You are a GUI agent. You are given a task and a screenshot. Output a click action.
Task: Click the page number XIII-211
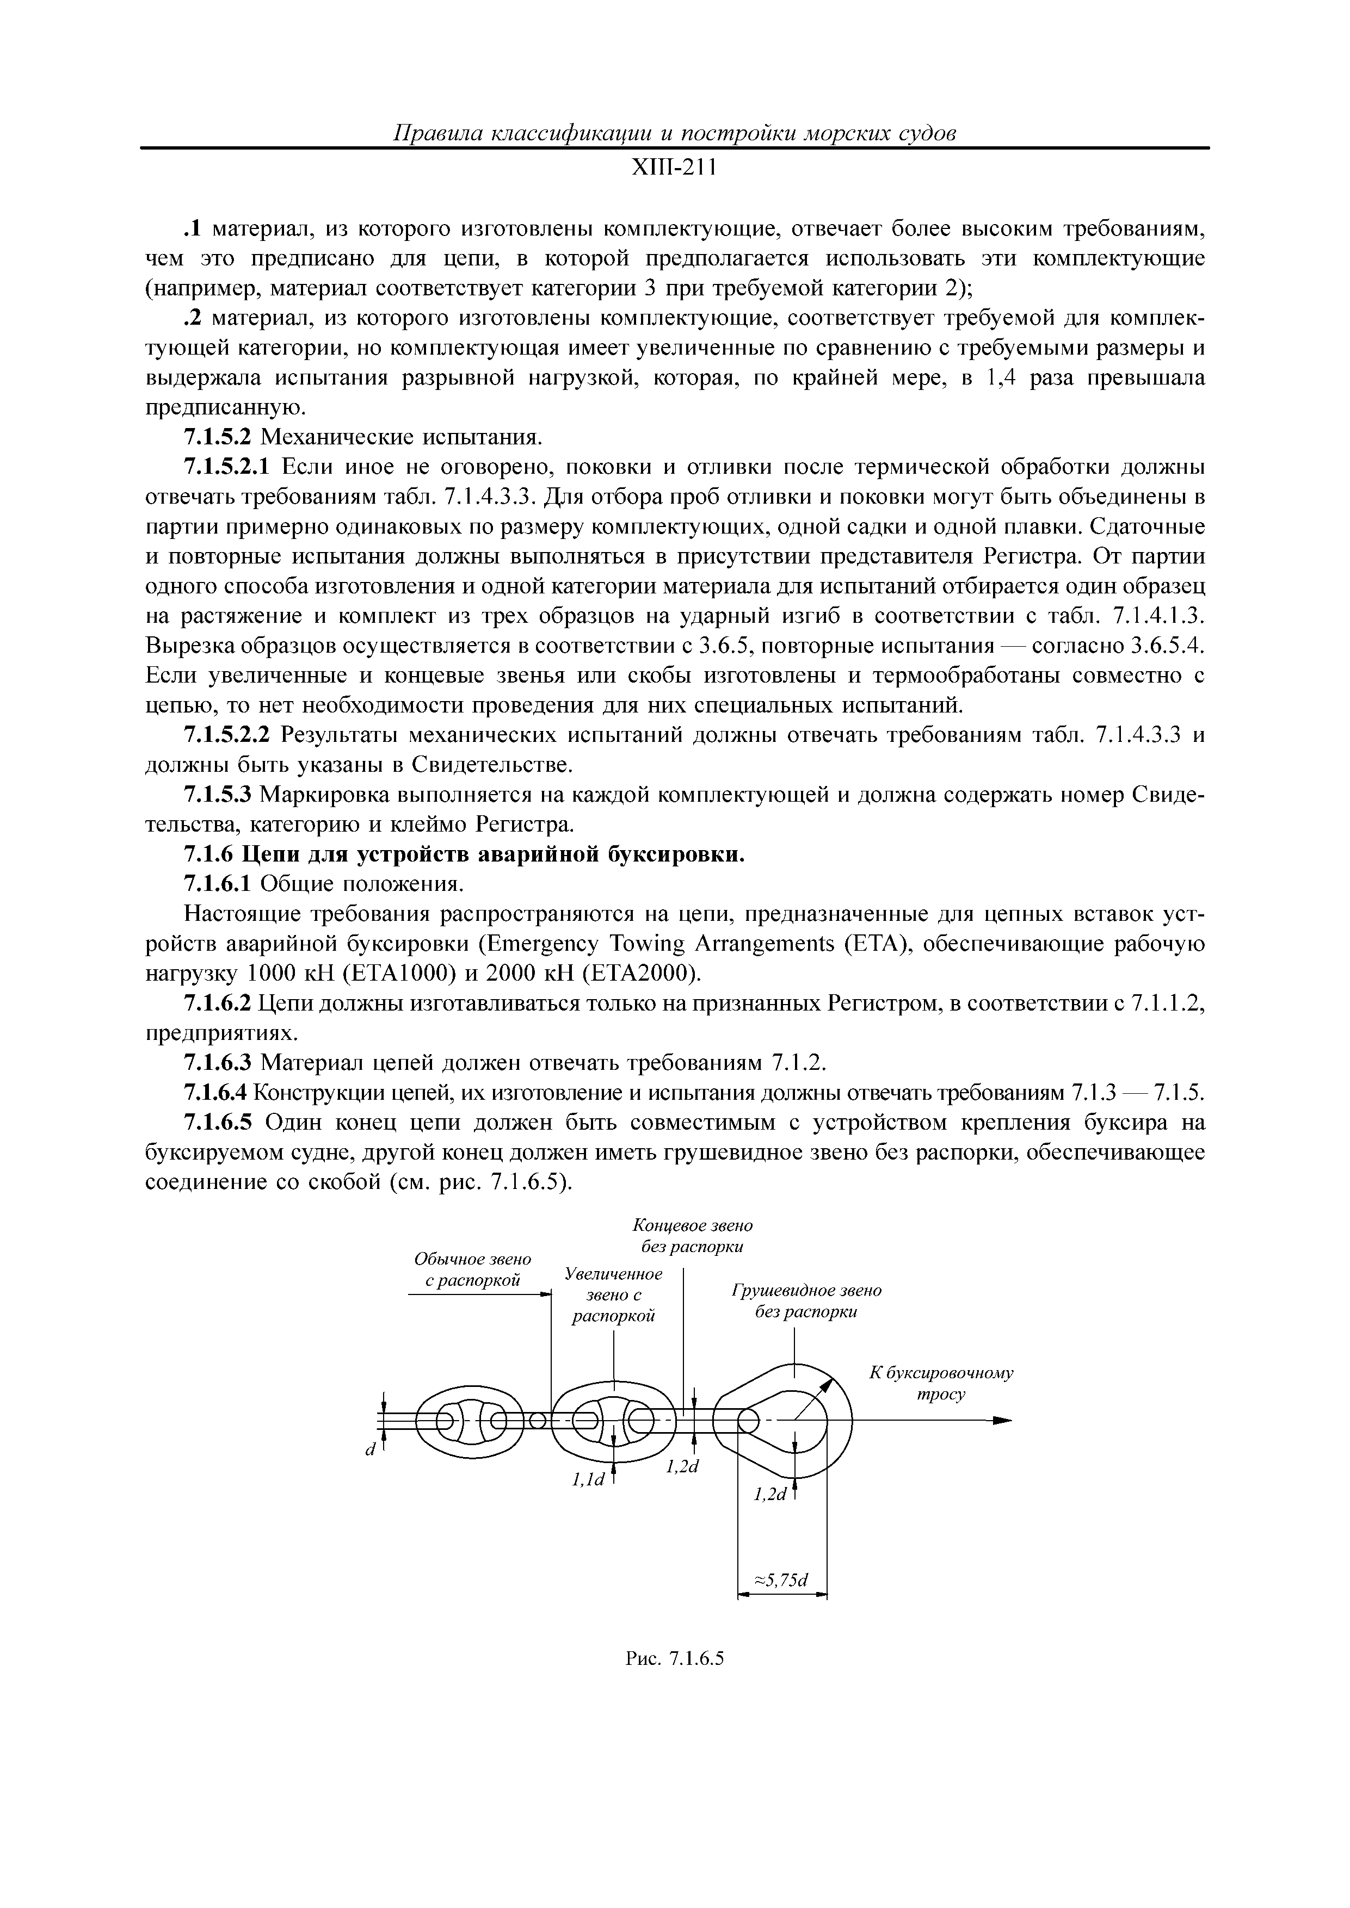(674, 169)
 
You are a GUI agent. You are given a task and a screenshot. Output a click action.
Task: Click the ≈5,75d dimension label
(781, 1579)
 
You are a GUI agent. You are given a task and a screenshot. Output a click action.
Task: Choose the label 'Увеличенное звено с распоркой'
(613, 1294)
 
